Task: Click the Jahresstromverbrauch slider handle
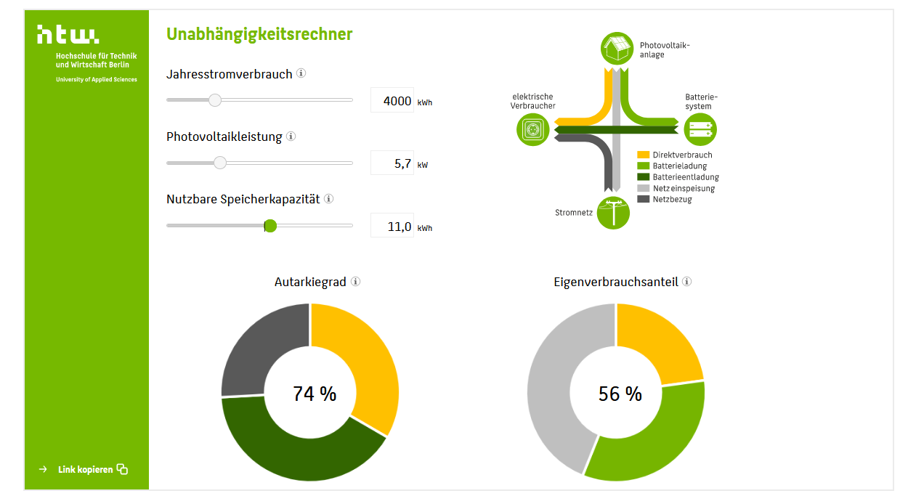click(x=215, y=100)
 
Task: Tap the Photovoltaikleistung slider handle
click(x=220, y=163)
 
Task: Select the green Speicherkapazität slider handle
click(x=270, y=226)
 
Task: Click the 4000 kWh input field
click(x=392, y=100)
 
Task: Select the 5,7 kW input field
click(x=392, y=163)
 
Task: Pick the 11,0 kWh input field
click(x=392, y=225)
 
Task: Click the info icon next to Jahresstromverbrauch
click(x=301, y=73)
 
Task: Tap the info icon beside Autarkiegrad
click(x=356, y=281)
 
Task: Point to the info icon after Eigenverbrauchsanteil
click(x=687, y=281)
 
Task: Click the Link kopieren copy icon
click(x=122, y=469)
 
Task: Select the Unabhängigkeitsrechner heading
click(x=259, y=34)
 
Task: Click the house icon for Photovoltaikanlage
click(x=617, y=49)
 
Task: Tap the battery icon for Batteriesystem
click(x=700, y=129)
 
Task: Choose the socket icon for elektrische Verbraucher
click(x=532, y=129)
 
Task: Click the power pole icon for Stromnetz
click(x=613, y=213)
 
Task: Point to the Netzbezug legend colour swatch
click(x=644, y=199)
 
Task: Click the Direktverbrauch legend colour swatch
click(x=644, y=155)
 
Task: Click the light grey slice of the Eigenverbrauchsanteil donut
click(x=558, y=386)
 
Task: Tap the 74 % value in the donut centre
click(x=315, y=394)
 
